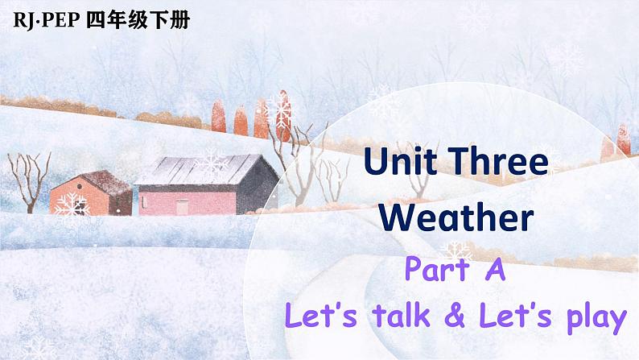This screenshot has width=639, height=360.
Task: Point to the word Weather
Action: pos(456,217)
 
